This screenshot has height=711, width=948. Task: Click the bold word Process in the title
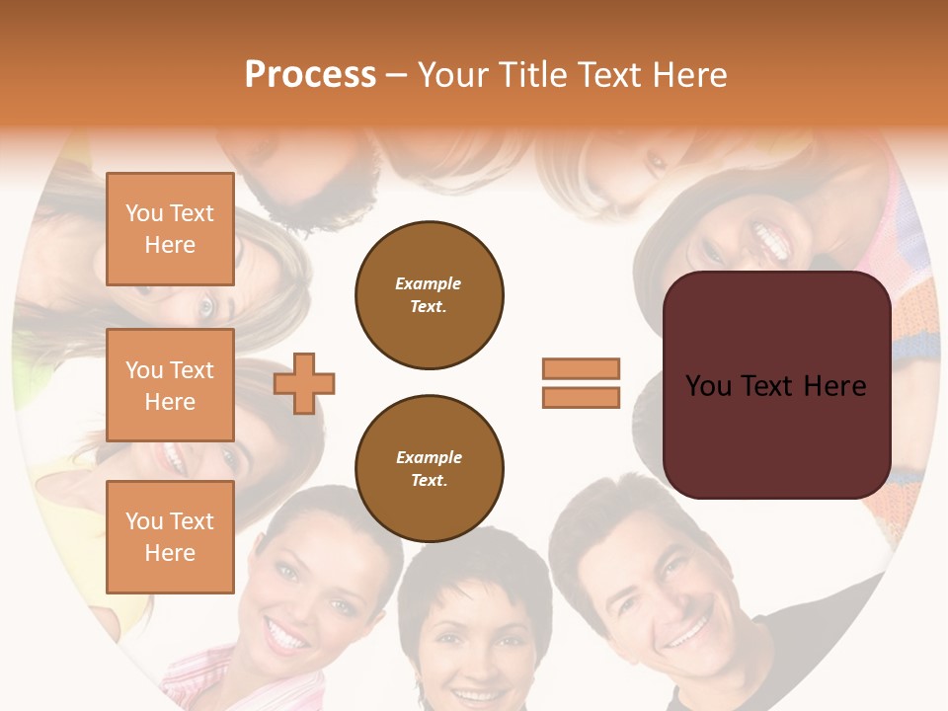coord(310,75)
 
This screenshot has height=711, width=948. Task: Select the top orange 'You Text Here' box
coord(170,229)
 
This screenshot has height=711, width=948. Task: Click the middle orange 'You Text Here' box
coord(170,385)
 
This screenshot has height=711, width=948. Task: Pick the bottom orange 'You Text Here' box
coord(170,536)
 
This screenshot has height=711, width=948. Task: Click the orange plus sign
coord(304,382)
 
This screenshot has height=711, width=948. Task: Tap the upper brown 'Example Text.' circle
coord(429,295)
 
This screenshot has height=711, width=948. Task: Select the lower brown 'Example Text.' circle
coord(429,469)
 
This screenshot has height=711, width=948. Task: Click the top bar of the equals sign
coord(581,368)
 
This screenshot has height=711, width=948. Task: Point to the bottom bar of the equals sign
coord(581,397)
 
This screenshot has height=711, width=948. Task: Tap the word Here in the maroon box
coord(834,386)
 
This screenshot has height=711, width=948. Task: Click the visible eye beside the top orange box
coord(206,308)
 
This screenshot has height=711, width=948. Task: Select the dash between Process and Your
coord(396,75)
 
